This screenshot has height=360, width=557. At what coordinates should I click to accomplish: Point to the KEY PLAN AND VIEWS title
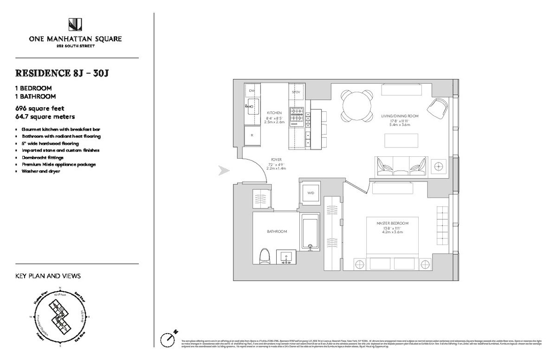(48, 276)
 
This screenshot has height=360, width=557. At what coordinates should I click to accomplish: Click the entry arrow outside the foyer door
(224, 171)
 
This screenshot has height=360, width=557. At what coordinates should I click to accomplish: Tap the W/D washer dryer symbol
(309, 193)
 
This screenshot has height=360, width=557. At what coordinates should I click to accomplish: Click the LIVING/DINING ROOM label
(400, 116)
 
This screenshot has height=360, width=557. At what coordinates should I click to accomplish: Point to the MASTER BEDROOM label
(393, 223)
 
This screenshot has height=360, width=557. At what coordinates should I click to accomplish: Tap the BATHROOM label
(277, 231)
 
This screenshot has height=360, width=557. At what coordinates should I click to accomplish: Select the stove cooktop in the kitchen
(296, 117)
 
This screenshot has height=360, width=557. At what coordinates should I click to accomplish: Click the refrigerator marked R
(252, 135)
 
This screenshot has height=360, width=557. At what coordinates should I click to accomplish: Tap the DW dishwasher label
(252, 91)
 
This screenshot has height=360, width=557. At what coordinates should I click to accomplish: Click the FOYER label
(277, 160)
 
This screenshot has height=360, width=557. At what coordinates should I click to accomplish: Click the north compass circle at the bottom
(168, 339)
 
